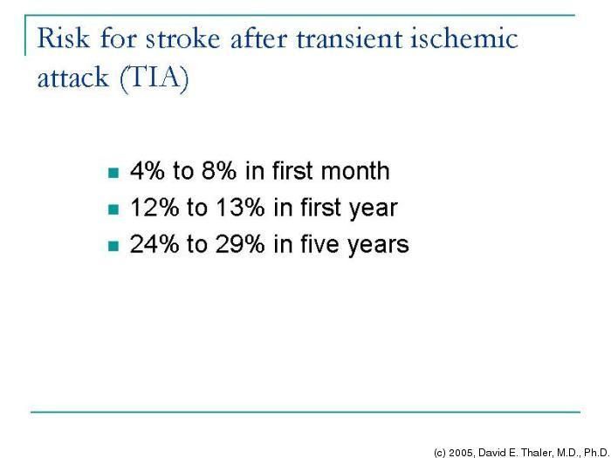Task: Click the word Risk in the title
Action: pyautogui.click(x=63, y=38)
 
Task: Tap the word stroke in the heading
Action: pyautogui.click(x=182, y=38)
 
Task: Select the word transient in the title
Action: pyautogui.click(x=349, y=38)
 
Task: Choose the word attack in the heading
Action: pyautogui.click(x=72, y=77)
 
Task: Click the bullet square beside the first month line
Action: pyautogui.click(x=113, y=173)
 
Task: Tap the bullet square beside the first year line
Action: pyautogui.click(x=113, y=209)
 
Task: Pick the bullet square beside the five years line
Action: pyautogui.click(x=113, y=246)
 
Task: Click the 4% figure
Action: pyautogui.click(x=147, y=171)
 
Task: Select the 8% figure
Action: pyautogui.click(x=218, y=171)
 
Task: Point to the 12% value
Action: pyautogui.click(x=154, y=208)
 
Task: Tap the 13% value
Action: pyautogui.click(x=240, y=208)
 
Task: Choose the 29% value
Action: pyautogui.click(x=240, y=244)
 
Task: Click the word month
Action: pyautogui.click(x=355, y=171)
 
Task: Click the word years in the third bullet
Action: pyautogui.click(x=378, y=246)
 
